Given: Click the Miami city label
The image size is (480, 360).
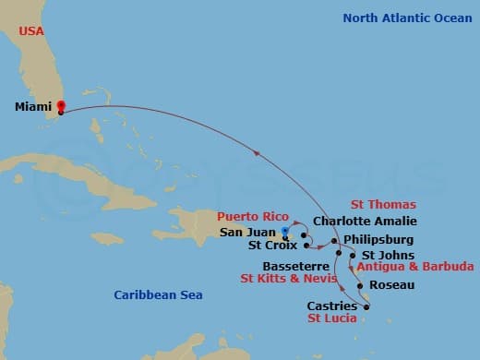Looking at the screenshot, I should pyautogui.click(x=33, y=107).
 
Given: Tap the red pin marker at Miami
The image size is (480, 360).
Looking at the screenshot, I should pyautogui.click(x=61, y=105).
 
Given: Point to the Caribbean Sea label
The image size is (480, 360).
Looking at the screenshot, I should pyautogui.click(x=158, y=294).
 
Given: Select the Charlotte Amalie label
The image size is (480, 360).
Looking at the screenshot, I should pyautogui.click(x=365, y=222).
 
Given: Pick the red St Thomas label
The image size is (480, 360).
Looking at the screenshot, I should pyautogui.click(x=383, y=205).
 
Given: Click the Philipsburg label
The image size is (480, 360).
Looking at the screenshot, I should pyautogui.click(x=378, y=238).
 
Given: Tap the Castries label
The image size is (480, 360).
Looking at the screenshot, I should pyautogui.click(x=331, y=305).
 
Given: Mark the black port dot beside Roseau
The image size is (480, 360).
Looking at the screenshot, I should pyautogui.click(x=361, y=286).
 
